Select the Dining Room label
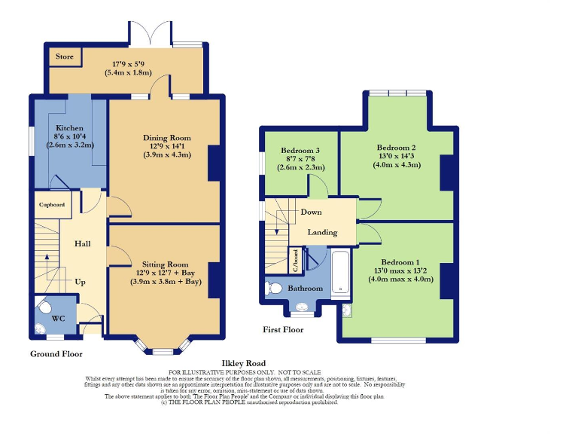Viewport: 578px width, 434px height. pos(167,138)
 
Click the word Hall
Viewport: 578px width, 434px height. pos(83,245)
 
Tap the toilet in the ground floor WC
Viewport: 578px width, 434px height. pos(44,307)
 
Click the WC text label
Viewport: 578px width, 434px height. pos(58,319)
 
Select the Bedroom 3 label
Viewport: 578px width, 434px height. pos(300,150)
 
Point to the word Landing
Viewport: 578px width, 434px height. pos(322,233)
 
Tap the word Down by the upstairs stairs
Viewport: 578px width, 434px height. pos(312,212)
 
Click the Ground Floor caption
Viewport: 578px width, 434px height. pos(56,353)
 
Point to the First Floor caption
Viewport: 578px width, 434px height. pos(283,330)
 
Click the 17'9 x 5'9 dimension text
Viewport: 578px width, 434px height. pos(128,65)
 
